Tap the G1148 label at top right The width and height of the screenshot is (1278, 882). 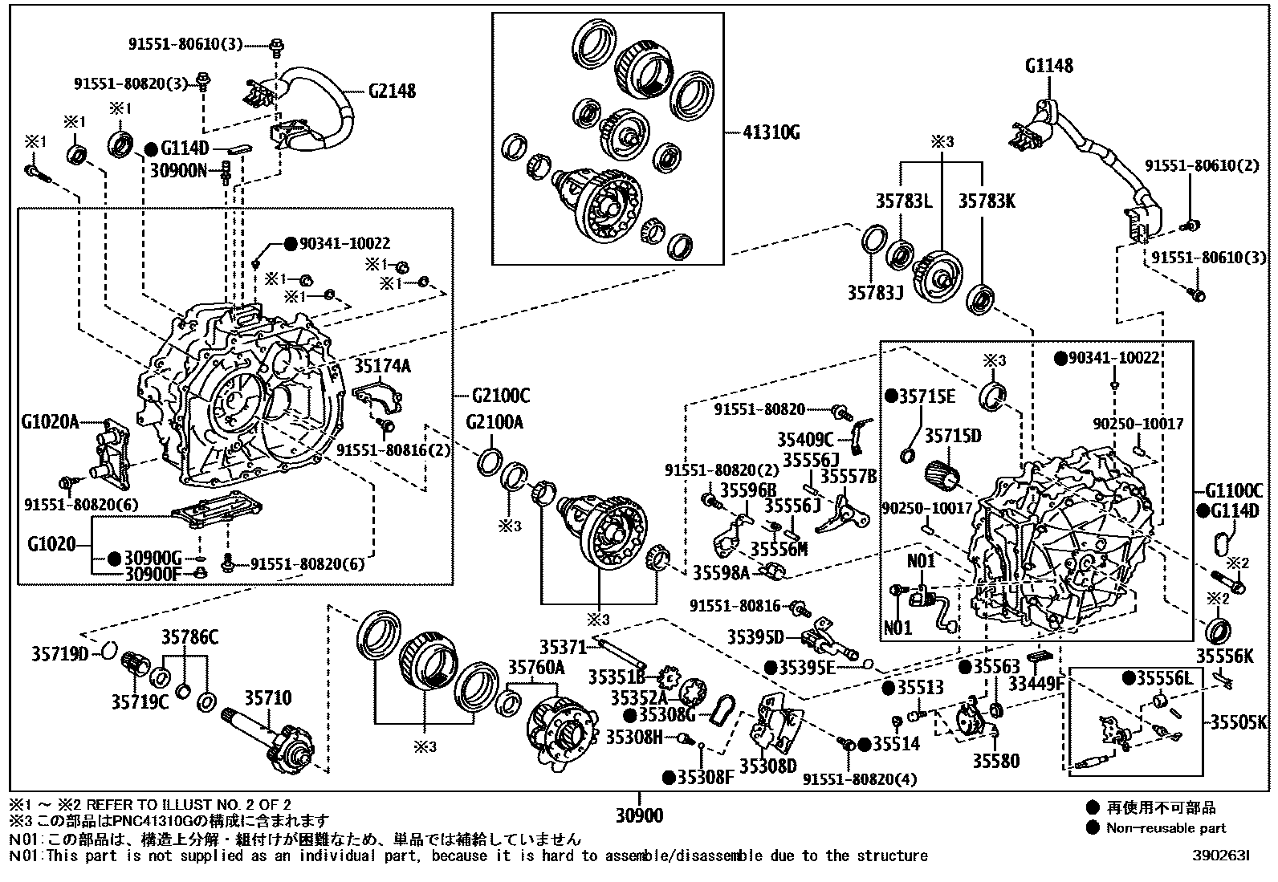coord(1048,65)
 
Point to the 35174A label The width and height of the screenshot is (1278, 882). coord(382,367)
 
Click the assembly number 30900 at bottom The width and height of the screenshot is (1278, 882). coord(639,816)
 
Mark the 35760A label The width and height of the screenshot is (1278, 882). coord(535,668)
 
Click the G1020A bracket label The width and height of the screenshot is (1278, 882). coord(50,421)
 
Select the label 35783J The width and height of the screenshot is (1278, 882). coord(875,294)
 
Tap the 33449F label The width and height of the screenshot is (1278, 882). coord(1036,684)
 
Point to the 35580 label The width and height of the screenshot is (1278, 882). coord(995,760)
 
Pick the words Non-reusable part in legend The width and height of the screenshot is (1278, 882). coord(1166,827)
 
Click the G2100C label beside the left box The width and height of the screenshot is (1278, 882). coord(500,396)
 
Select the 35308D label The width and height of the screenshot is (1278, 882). coord(768,766)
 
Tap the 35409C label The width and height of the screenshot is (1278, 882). coord(805,439)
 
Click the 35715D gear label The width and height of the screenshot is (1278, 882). coord(952,436)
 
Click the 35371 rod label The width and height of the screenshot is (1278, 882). coord(564,647)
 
